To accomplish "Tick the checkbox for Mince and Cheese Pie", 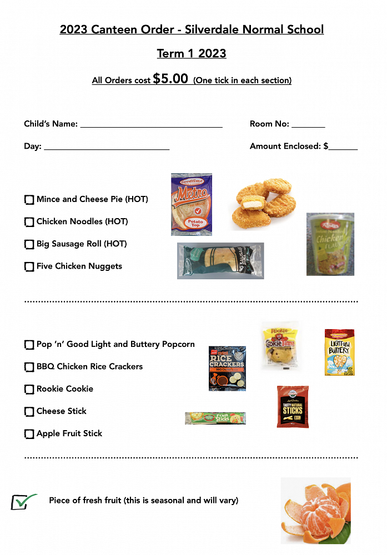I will pyautogui.click(x=29, y=200).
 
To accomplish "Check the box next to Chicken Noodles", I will pyautogui.click(x=29, y=222).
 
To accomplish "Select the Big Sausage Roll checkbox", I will pyautogui.click(x=29, y=244).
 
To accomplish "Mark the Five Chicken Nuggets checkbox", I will pyautogui.click(x=29, y=267).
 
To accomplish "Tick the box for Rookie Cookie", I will pyautogui.click(x=29, y=390).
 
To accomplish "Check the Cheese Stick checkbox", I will pyautogui.click(x=29, y=412).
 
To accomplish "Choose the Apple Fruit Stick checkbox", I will pyautogui.click(x=29, y=434).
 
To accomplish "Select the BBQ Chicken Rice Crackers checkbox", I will pyautogui.click(x=29, y=367).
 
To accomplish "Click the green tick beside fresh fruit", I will pyautogui.click(x=23, y=502).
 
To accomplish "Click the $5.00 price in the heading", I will pyautogui.click(x=170, y=79).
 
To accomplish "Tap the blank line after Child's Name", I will pyautogui.click(x=151, y=125).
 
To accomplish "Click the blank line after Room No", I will pyautogui.click(x=308, y=125).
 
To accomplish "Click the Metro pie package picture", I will pyautogui.click(x=192, y=204).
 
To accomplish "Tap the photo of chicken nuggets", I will pyautogui.click(x=263, y=203).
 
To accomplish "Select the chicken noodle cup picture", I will pyautogui.click(x=330, y=244).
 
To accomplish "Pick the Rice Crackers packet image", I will pyautogui.click(x=227, y=368).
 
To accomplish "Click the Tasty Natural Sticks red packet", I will pyautogui.click(x=293, y=407).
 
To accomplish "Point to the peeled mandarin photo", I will pyautogui.click(x=315, y=511).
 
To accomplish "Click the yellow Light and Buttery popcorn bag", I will pyautogui.click(x=339, y=352).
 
